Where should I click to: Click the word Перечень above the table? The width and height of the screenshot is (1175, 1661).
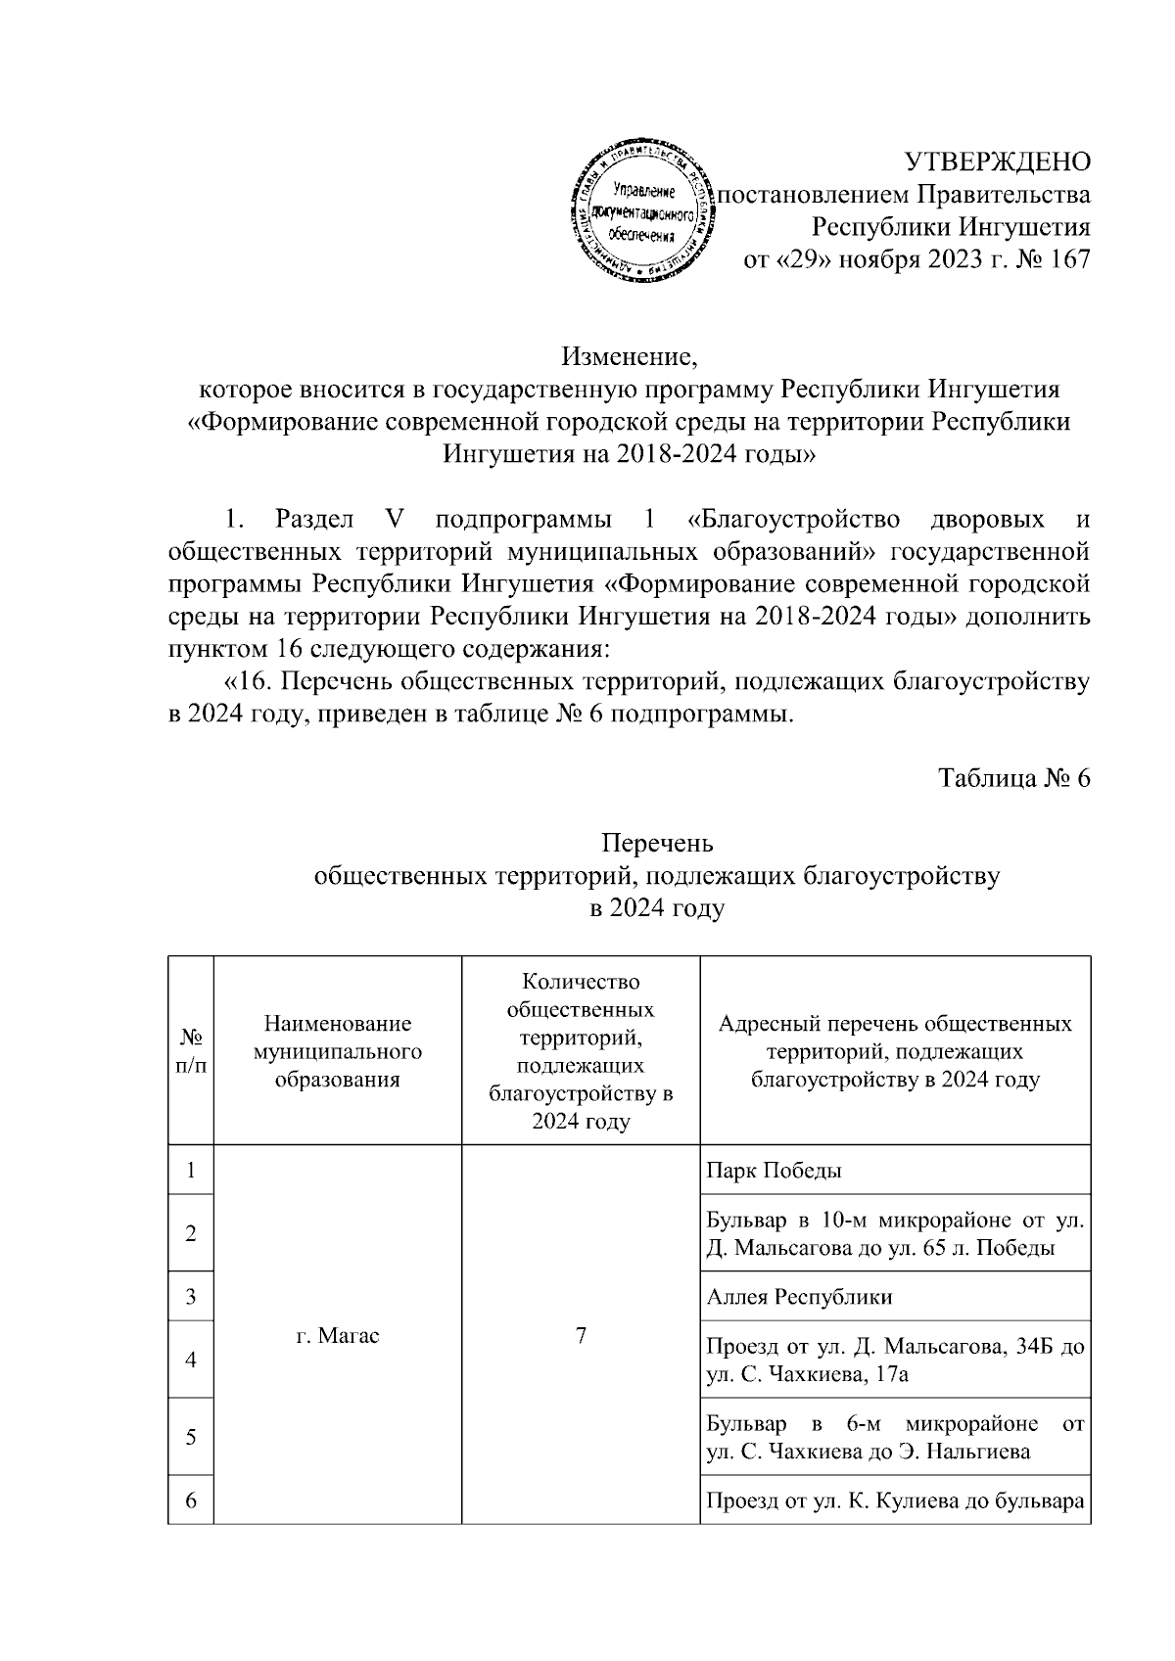pyautogui.click(x=657, y=843)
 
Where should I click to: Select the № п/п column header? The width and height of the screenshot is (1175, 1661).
pyautogui.click(x=191, y=1050)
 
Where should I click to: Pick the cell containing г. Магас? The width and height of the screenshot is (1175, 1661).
pyautogui.click(x=337, y=1335)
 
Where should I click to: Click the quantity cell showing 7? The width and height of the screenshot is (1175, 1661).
pyautogui.click(x=581, y=1335)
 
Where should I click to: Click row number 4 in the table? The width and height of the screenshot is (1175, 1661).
pyautogui.click(x=191, y=1360)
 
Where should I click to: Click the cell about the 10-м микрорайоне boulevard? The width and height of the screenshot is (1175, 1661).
pyautogui.click(x=895, y=1234)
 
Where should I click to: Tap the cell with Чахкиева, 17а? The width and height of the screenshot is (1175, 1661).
pyautogui.click(x=895, y=1361)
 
